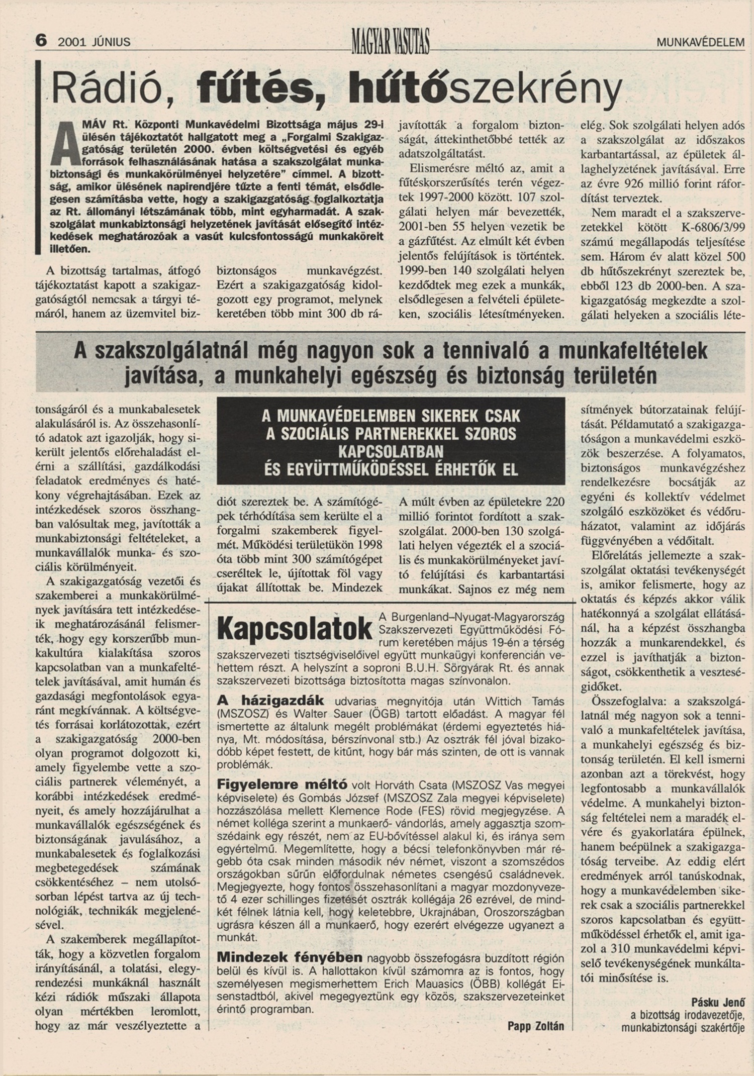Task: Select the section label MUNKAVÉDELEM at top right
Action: tap(700, 43)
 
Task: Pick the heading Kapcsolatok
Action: tap(295, 629)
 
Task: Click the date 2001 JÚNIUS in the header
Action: tap(94, 42)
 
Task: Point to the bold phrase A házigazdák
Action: tap(270, 701)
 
